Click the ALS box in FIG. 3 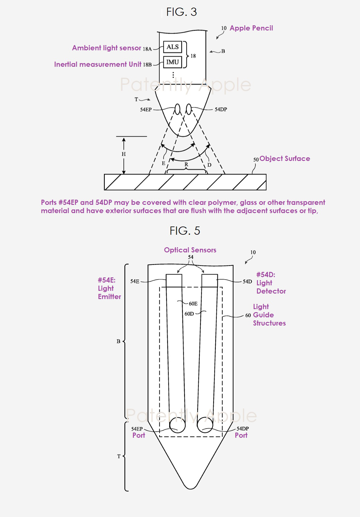(x=173, y=47)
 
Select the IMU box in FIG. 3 (x=173, y=62)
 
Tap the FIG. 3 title (x=182, y=12)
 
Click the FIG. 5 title (x=185, y=230)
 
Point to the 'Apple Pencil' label (x=251, y=28)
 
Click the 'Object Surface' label (x=285, y=159)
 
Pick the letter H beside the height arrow (x=124, y=154)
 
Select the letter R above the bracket (x=186, y=164)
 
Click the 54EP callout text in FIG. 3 (x=146, y=109)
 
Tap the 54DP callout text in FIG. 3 (x=221, y=109)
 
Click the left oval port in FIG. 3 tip (x=177, y=109)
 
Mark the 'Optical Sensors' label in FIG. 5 (x=190, y=250)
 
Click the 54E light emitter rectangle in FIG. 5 (x=174, y=281)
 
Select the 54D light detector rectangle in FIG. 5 (x=209, y=281)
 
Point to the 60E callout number (x=193, y=304)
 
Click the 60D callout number (x=189, y=314)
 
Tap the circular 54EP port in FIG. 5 (x=177, y=425)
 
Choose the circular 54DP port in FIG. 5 (x=205, y=425)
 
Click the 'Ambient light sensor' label (x=107, y=48)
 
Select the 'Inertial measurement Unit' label (x=98, y=64)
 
